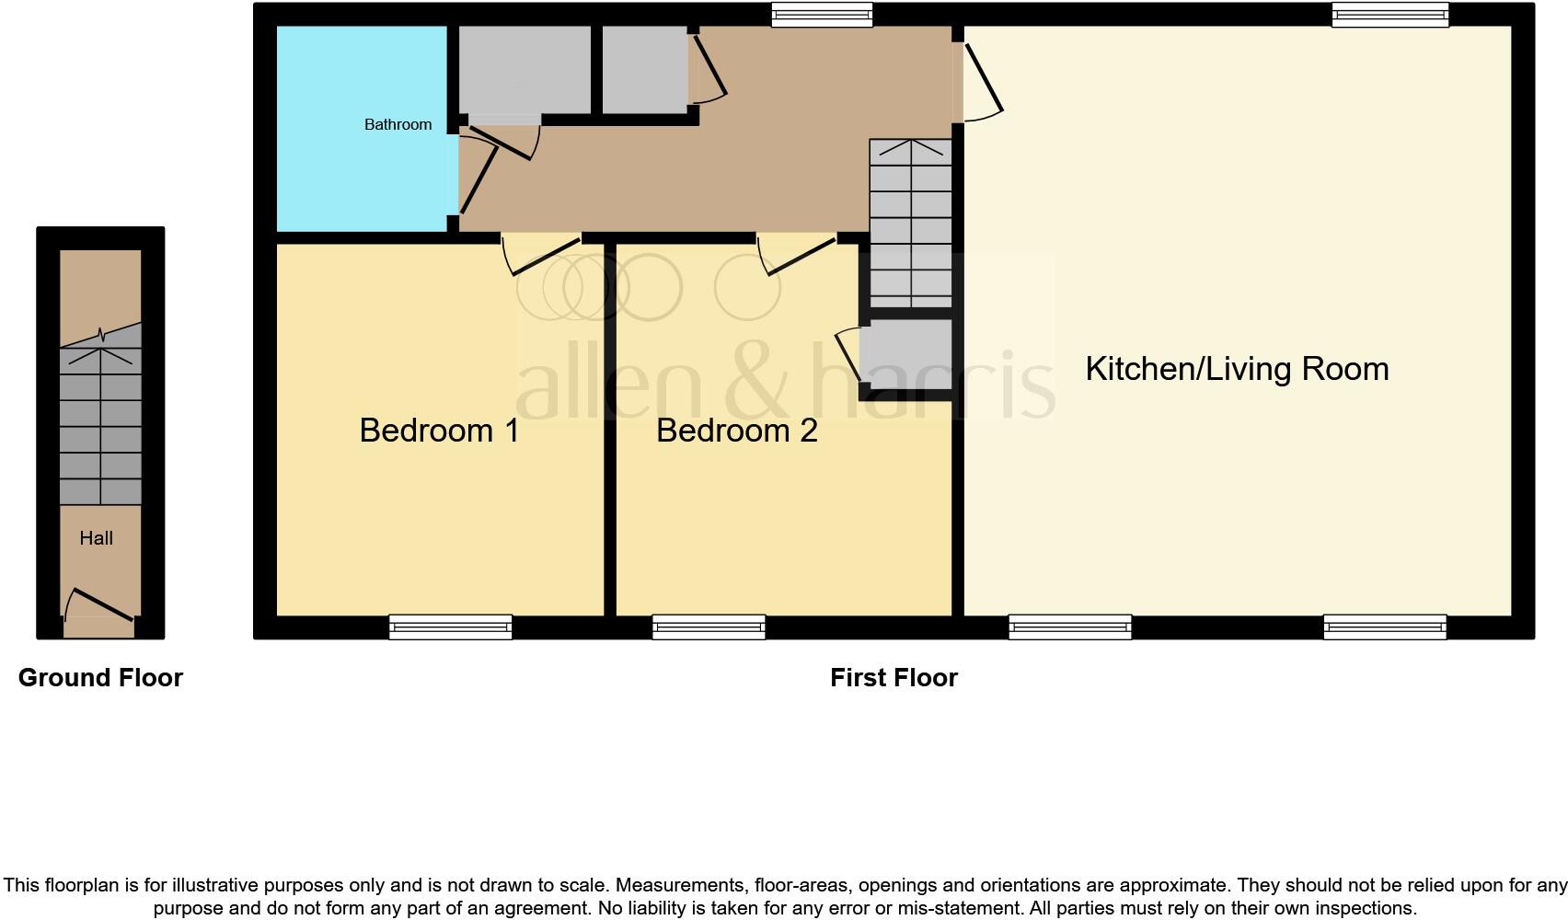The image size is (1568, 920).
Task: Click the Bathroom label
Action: (x=398, y=124)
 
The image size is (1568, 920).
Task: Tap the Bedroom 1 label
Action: (x=439, y=431)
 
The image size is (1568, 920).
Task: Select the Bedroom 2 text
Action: (x=736, y=431)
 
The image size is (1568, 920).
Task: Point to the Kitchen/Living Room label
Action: (x=1237, y=369)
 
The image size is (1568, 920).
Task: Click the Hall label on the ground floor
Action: (x=96, y=538)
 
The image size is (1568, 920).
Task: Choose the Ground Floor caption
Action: (x=100, y=678)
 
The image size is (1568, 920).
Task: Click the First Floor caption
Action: (x=894, y=678)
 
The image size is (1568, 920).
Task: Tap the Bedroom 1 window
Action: (x=450, y=627)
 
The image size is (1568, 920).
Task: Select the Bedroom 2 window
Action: (x=709, y=627)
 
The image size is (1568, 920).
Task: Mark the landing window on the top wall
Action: (x=821, y=14)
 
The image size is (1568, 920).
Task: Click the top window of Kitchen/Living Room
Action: (x=1390, y=14)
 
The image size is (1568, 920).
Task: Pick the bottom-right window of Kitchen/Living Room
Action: (x=1385, y=627)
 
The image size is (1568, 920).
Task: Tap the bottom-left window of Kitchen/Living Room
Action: (x=1069, y=627)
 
